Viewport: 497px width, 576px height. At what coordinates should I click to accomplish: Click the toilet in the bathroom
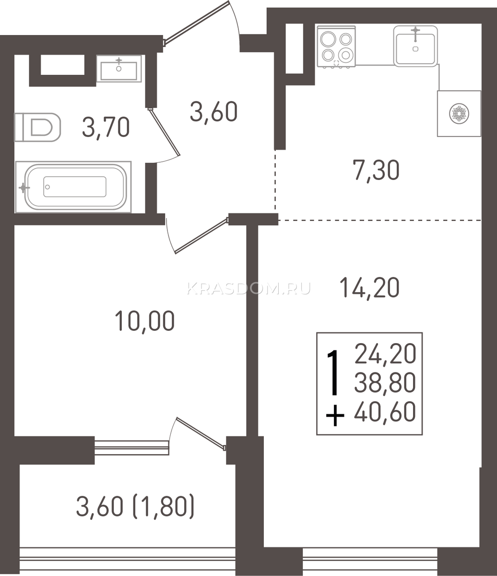[37, 127]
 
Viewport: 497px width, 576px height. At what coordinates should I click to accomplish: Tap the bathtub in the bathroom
[73, 187]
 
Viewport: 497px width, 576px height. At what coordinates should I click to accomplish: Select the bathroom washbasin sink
[119, 69]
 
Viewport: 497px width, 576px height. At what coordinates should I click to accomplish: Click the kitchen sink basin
[415, 46]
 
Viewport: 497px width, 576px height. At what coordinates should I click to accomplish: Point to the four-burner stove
[336, 47]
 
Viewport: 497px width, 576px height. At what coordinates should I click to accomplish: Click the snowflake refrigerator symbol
[459, 113]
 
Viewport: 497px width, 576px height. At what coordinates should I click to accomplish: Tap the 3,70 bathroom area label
[106, 127]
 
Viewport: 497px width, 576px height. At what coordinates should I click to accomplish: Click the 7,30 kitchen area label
[376, 170]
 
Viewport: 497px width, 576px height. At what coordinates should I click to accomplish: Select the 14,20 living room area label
[370, 288]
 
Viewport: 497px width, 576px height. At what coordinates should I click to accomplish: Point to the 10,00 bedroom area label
[145, 321]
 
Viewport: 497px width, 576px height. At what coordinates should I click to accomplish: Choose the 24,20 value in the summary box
[385, 354]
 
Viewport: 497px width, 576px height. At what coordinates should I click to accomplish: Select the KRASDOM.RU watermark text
[249, 288]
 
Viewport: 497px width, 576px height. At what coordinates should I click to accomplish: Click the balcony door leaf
[201, 434]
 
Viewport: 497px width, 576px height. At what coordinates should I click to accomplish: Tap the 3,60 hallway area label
[213, 111]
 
